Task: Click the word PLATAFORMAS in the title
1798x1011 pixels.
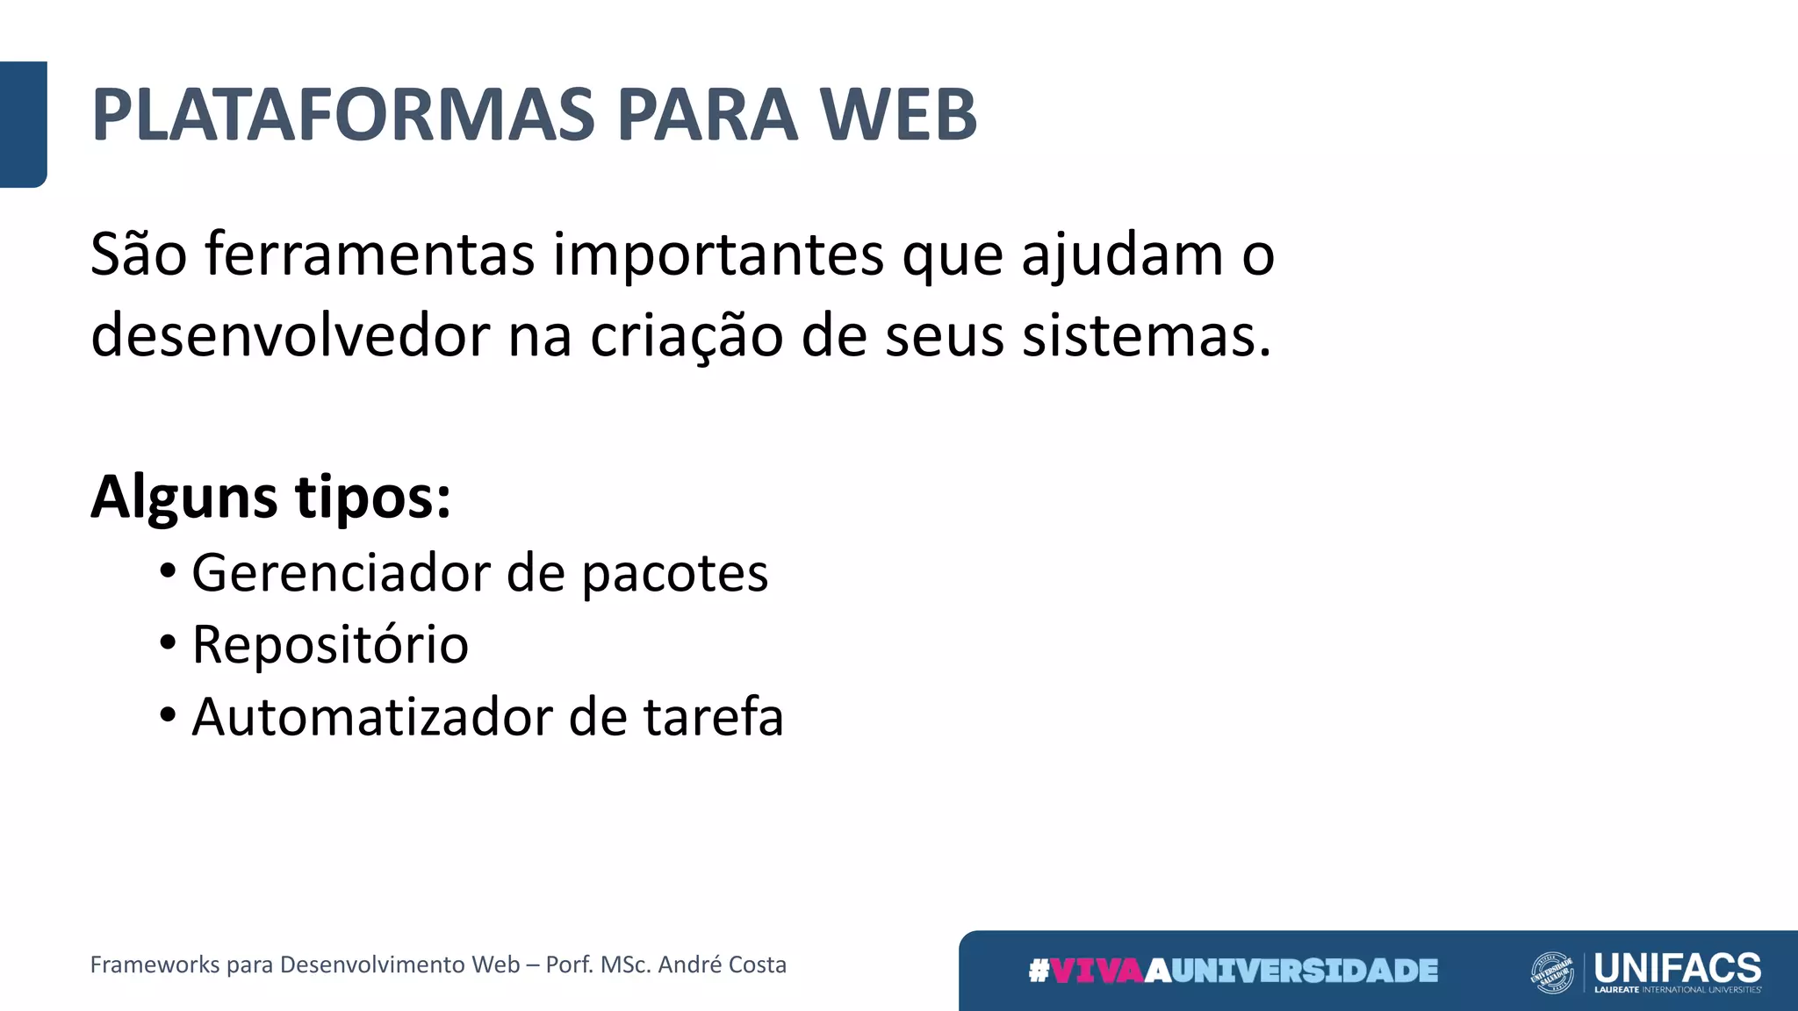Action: [x=343, y=115]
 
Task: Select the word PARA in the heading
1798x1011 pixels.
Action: [x=707, y=115]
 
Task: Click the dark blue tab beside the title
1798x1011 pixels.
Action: [x=23, y=124]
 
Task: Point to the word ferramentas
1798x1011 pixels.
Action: [x=370, y=255]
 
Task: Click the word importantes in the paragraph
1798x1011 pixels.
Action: [x=718, y=255]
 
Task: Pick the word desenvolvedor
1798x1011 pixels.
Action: [x=290, y=336]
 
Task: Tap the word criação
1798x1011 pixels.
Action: [x=686, y=336]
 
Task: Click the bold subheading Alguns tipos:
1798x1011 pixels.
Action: [x=270, y=498]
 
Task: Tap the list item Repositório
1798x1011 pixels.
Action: [x=330, y=645]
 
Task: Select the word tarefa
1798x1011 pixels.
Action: [x=713, y=717]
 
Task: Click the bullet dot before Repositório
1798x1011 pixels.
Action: [x=168, y=643]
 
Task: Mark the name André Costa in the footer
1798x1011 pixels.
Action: [x=722, y=964]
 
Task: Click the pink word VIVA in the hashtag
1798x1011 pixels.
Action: [x=1097, y=971]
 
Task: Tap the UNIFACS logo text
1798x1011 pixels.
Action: [x=1677, y=967]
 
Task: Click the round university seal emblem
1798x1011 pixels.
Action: [x=1552, y=972]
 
